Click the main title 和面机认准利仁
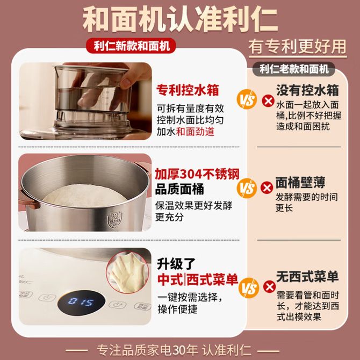180,20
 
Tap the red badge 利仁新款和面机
131,46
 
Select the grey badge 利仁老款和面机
294,69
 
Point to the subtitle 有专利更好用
298,47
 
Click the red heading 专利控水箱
188,90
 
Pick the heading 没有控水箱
307,90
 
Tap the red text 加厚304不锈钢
197,174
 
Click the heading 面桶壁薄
300,183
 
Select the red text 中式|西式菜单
198,279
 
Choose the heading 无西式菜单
307,276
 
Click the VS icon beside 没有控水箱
247,99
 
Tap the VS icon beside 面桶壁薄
247,188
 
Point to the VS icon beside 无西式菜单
248,287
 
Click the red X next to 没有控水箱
268,101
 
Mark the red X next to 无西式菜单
269,286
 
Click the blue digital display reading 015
81,302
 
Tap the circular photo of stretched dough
128,272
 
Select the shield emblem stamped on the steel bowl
114,220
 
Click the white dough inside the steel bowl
84,196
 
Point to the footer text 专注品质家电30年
147,350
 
